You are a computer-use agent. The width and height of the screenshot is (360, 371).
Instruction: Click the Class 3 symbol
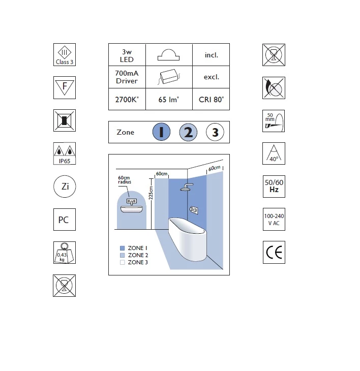tap(64, 54)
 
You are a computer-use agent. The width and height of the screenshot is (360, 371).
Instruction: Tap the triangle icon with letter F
tap(64, 87)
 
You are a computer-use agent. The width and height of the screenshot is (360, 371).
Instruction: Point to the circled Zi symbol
tap(65, 187)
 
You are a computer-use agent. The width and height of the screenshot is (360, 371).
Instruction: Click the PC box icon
tap(64, 220)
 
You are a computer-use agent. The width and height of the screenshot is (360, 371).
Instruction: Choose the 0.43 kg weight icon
tap(64, 253)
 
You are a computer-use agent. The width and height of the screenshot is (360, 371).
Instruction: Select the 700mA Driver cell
tap(127, 77)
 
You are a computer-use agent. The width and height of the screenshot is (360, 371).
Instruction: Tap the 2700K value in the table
tap(127, 100)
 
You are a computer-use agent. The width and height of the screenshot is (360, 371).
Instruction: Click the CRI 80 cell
tap(211, 100)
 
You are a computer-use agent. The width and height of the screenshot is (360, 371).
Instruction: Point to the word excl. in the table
tap(211, 77)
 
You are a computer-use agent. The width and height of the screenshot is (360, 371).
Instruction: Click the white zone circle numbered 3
tap(215, 133)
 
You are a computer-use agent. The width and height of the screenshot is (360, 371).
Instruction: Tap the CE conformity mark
tap(274, 253)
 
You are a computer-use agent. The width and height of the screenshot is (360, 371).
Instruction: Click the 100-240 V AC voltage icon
tap(274, 220)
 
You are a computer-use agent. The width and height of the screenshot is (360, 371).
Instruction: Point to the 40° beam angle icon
tap(274, 153)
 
